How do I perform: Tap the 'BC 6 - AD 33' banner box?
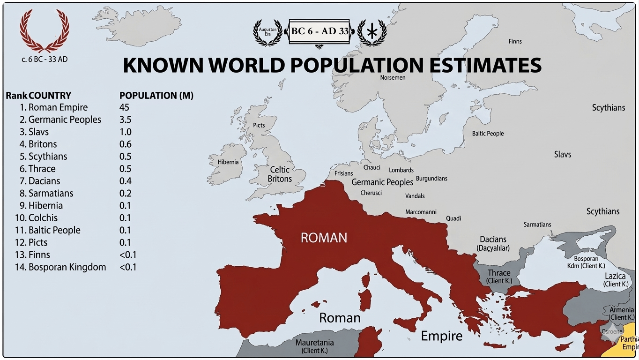[x=319, y=32]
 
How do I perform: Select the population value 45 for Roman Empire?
[x=124, y=107]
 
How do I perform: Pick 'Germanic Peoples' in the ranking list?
[x=65, y=120]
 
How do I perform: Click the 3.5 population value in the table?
[x=125, y=120]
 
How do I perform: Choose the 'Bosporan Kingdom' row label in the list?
[x=67, y=267]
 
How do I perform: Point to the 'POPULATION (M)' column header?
[x=156, y=96]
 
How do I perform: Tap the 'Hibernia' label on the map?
[x=228, y=162]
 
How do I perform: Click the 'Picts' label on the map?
[x=259, y=125]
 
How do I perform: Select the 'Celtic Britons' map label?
[x=280, y=174]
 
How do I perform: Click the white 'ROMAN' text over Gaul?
[x=324, y=238]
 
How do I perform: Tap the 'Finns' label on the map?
[x=515, y=41]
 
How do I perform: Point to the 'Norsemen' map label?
[x=393, y=77]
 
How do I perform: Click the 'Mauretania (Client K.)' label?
[x=314, y=346]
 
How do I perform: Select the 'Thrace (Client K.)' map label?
[x=499, y=276]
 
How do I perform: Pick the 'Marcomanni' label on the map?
[x=421, y=212]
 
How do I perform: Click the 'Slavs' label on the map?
[x=562, y=154]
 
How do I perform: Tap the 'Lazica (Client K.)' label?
[x=616, y=280]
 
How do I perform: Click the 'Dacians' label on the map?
[x=493, y=239]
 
